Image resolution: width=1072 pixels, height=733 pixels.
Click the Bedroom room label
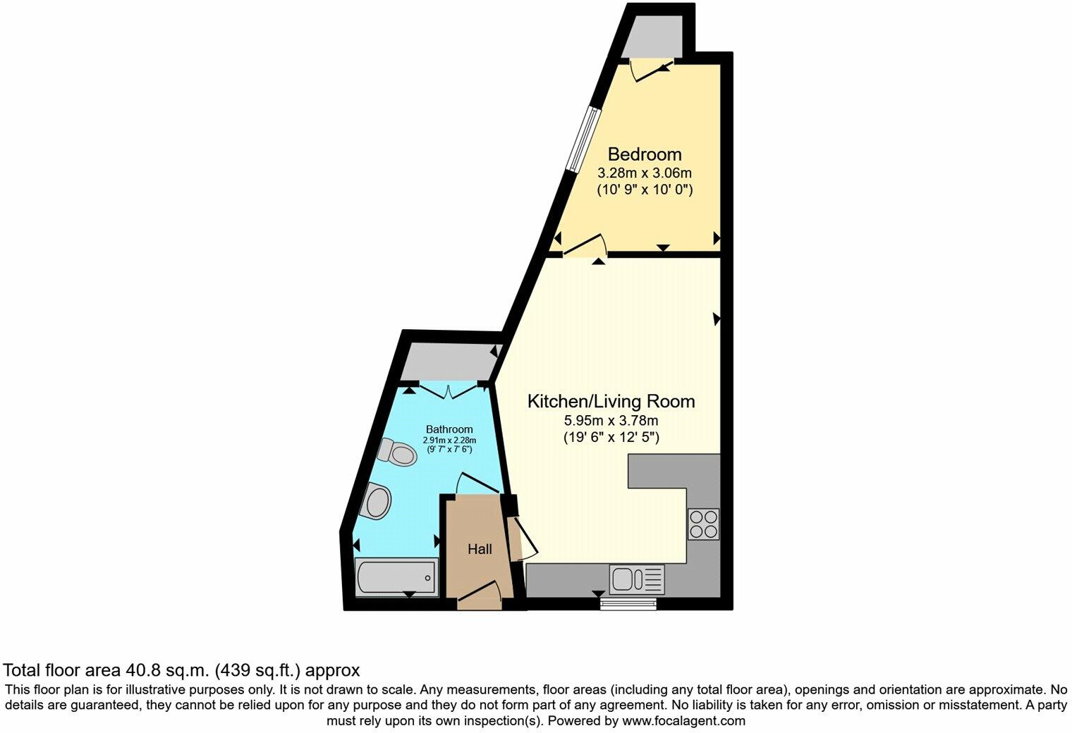tap(645, 154)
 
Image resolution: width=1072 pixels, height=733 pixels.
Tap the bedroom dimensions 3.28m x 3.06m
tap(645, 173)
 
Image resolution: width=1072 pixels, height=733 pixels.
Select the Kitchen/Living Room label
tap(611, 402)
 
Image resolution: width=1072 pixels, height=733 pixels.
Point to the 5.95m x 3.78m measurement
tap(611, 420)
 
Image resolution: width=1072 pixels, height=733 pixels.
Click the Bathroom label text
tap(449, 429)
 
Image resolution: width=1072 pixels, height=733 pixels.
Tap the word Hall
tap(480, 549)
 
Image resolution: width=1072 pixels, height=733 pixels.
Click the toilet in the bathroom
tap(397, 452)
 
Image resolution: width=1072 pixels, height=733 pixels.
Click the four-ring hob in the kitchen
tap(703, 524)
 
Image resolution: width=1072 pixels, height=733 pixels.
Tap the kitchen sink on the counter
tap(637, 579)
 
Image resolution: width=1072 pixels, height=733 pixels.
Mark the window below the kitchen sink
tap(628, 603)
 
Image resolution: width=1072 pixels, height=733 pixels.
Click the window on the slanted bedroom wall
tap(585, 139)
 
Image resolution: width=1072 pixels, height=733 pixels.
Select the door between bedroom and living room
tap(585, 247)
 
